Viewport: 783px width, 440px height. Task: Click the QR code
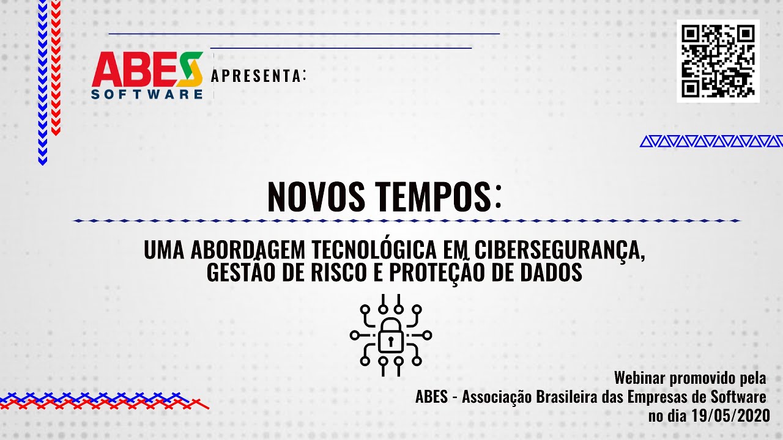coord(718,61)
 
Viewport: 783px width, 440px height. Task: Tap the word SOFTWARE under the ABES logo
coord(147,94)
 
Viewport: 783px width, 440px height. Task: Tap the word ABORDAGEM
coord(248,250)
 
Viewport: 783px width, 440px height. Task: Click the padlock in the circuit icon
coord(391,335)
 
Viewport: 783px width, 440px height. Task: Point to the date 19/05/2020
coord(730,416)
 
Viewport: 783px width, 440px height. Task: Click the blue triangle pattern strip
coord(711,141)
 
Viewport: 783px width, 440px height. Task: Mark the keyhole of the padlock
coord(391,340)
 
